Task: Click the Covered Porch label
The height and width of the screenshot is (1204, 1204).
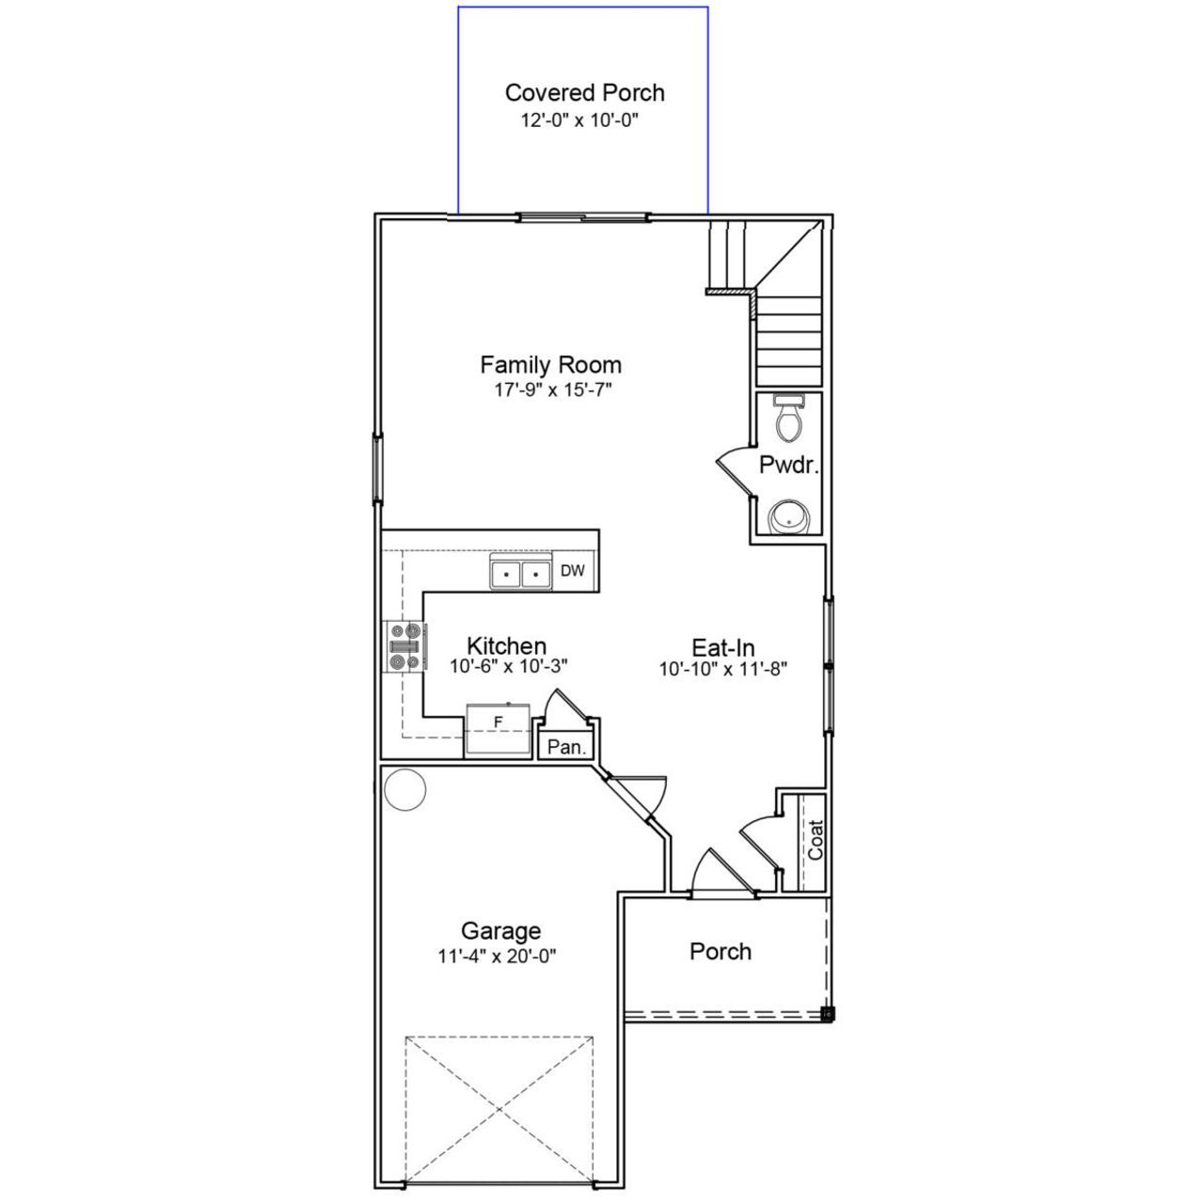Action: pyautogui.click(x=584, y=93)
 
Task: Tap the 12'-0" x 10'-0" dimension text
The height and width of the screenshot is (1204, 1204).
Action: pyautogui.click(x=580, y=120)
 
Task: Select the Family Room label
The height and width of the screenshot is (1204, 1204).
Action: pyautogui.click(x=550, y=365)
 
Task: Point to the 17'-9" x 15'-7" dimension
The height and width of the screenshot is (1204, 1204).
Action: pyautogui.click(x=553, y=388)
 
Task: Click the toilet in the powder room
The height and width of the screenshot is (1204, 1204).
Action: pyautogui.click(x=787, y=419)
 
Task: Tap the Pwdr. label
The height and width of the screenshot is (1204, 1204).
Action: pyautogui.click(x=788, y=465)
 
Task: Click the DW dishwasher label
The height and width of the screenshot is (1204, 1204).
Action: pyautogui.click(x=573, y=570)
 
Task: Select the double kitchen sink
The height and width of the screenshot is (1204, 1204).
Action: pyautogui.click(x=520, y=572)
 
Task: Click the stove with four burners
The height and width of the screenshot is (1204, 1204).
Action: pyautogui.click(x=405, y=647)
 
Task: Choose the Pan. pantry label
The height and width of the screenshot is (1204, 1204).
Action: pyautogui.click(x=567, y=748)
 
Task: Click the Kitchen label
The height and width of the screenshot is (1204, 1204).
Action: pyautogui.click(x=506, y=646)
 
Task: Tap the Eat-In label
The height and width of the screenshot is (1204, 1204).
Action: pyautogui.click(x=723, y=648)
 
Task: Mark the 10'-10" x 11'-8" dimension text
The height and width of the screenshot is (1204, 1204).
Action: pyautogui.click(x=722, y=670)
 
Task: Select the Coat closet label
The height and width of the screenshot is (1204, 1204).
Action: pyautogui.click(x=816, y=840)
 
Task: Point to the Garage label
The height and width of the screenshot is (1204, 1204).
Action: pyautogui.click(x=500, y=931)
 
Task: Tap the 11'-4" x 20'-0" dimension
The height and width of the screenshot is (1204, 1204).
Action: pyautogui.click(x=498, y=956)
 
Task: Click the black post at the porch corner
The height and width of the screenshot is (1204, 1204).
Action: pyautogui.click(x=827, y=1014)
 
